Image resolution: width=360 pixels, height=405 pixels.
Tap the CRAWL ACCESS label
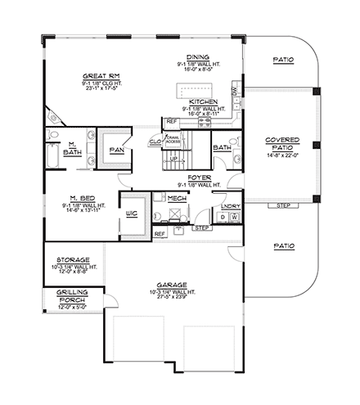coord(172,141)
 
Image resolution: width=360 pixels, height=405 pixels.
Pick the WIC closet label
coord(130,216)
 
